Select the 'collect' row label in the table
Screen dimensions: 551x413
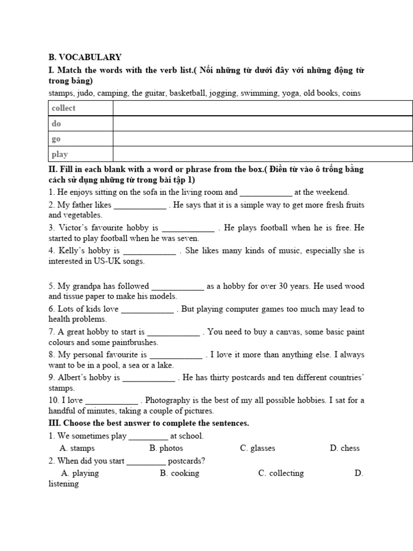pyautogui.click(x=63, y=108)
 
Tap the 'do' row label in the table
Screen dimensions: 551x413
pyautogui.click(x=56, y=124)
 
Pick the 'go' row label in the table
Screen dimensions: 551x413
pyautogui.click(x=56, y=139)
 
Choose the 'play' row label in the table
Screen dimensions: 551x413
pyautogui.click(x=60, y=154)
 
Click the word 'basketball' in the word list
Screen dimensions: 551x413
pyautogui.click(x=188, y=93)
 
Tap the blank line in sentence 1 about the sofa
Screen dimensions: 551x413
pyautogui.click(x=266, y=192)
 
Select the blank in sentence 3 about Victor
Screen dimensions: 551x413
pyautogui.click(x=188, y=228)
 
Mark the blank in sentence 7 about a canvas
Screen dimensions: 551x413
pyautogui.click(x=173, y=332)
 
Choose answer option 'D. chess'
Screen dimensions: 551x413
pyautogui.click(x=345, y=448)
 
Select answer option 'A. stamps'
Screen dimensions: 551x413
pyautogui.click(x=77, y=448)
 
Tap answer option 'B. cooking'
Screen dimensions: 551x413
pyautogui.click(x=180, y=474)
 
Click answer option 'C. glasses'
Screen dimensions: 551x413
pyautogui.click(x=258, y=448)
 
